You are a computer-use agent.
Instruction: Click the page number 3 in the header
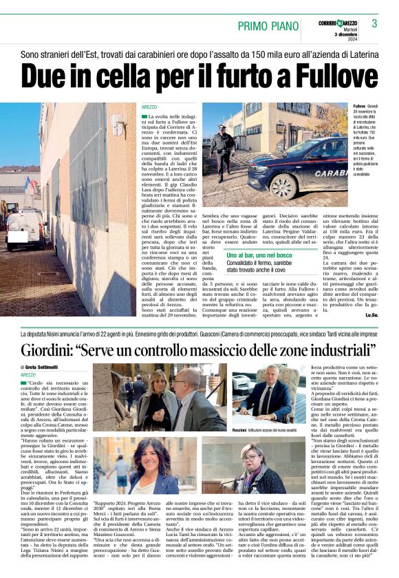point(384,24)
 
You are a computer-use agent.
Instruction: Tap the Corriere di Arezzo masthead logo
point(338,24)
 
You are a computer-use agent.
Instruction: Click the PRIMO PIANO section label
point(270,26)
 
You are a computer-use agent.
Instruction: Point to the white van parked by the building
point(25,228)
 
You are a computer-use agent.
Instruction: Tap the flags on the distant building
point(28,184)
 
